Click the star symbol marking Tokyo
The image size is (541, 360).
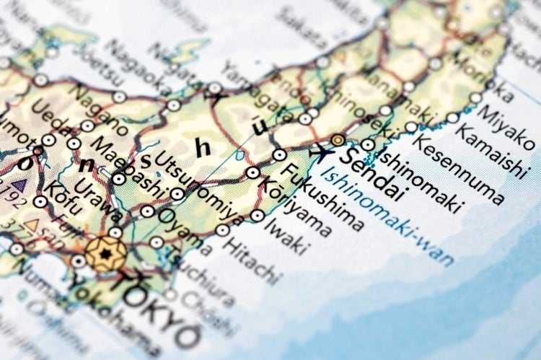(x=105, y=254)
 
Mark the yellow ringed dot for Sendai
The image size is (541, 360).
(x=338, y=140)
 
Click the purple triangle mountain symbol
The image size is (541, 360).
(x=18, y=185)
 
